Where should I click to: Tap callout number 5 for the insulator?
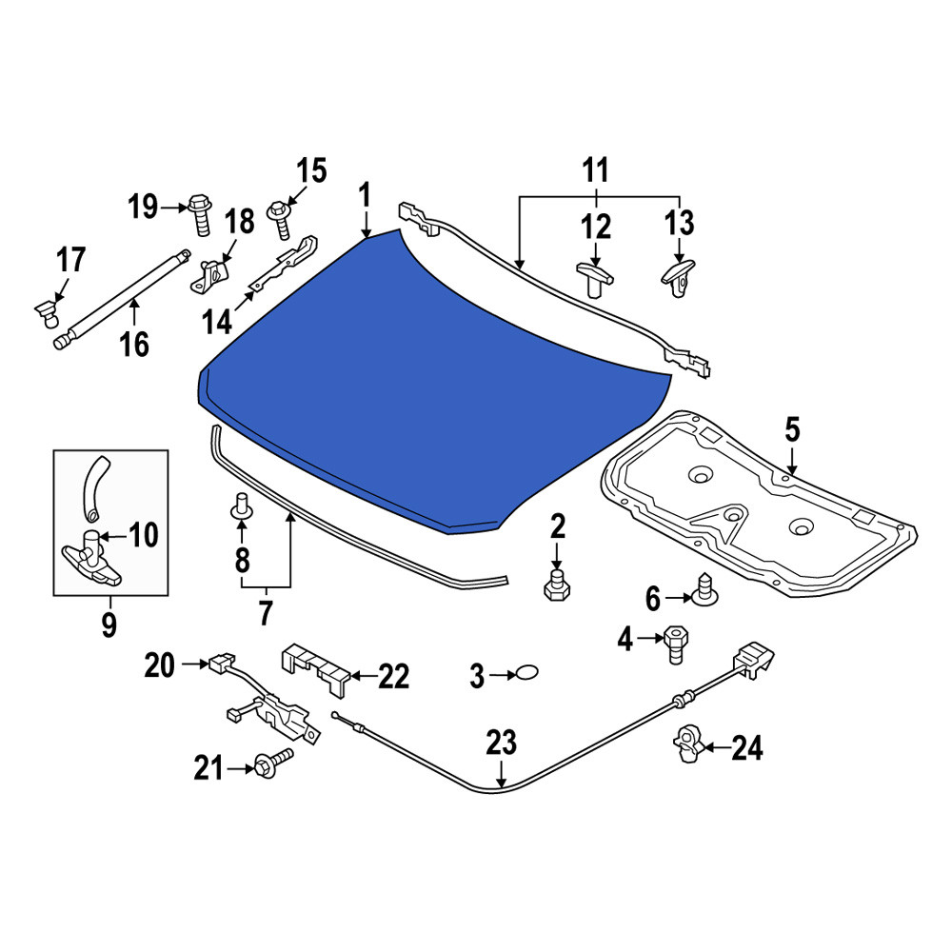coord(792,430)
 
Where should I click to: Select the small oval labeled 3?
coord(526,673)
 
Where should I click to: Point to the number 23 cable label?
coord(501,742)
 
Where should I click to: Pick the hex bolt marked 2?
coord(557,585)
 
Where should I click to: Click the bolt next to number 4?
coord(676,645)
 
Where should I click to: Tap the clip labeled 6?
coord(704,589)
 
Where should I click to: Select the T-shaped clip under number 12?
coord(594,279)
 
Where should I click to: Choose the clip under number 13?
coord(678,278)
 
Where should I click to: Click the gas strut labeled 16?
coord(122,300)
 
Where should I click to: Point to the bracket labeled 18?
coord(210,276)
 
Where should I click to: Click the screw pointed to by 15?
coord(280,219)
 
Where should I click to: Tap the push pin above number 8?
coord(242,506)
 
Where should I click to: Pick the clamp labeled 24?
coord(688,744)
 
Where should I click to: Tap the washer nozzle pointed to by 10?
coord(91,557)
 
